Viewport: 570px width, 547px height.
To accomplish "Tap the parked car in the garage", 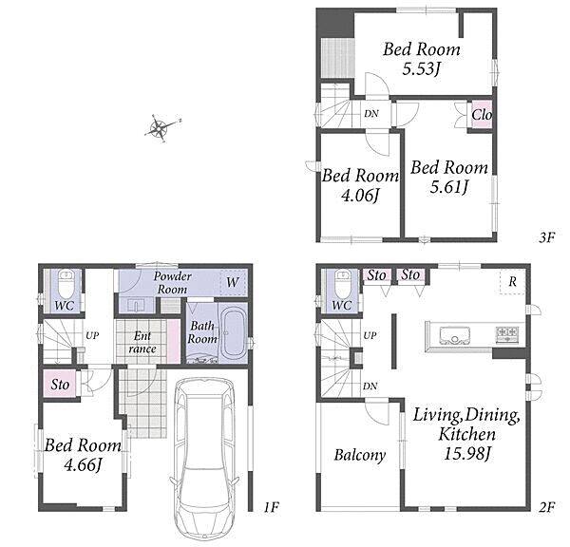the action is click(204, 459).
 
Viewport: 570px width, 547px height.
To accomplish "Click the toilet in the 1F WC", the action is click(66, 285).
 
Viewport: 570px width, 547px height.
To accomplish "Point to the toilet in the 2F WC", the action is click(343, 285).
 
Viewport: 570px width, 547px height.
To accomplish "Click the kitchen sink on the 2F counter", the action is click(454, 335).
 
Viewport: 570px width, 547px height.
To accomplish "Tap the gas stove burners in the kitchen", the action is click(507, 334).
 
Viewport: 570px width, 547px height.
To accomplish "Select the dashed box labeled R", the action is click(512, 282).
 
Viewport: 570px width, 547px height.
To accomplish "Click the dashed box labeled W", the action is click(233, 282).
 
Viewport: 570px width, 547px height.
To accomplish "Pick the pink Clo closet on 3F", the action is click(482, 115).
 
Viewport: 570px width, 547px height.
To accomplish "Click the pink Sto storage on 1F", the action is click(60, 385).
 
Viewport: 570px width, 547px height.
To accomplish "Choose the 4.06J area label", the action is click(360, 196).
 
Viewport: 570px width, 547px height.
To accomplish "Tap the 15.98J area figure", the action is click(467, 453).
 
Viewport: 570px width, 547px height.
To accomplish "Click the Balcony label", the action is click(360, 455).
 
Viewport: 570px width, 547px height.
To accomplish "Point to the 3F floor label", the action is click(547, 237).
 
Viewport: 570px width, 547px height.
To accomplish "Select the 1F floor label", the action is click(271, 507).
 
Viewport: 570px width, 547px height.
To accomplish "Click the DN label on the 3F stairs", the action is click(371, 114).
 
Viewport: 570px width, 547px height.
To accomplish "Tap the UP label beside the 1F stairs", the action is click(92, 335).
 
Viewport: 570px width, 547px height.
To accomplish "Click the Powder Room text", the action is click(172, 283).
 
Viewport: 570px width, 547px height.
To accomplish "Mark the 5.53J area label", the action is click(421, 68).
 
